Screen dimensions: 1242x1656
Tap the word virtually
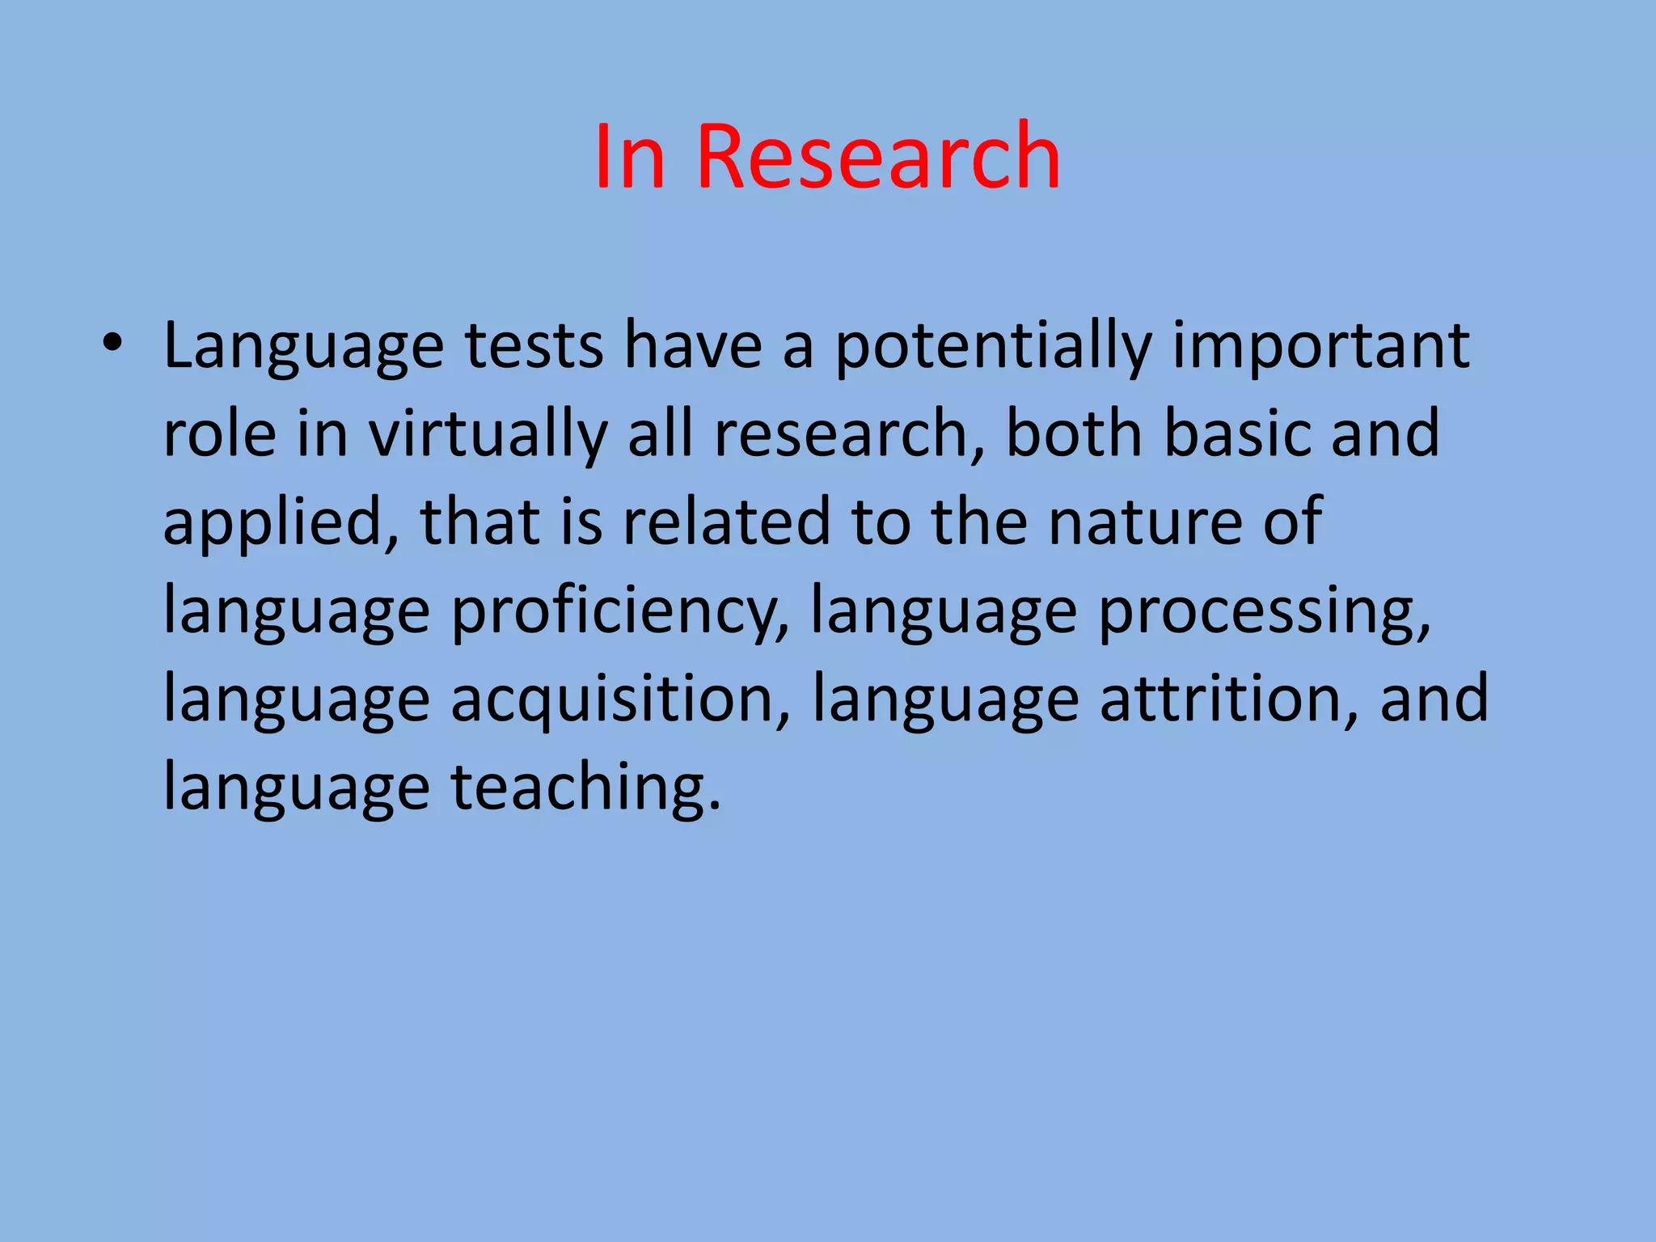click(x=488, y=435)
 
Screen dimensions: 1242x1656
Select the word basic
click(x=1237, y=433)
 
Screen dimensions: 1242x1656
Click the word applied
click(x=272, y=524)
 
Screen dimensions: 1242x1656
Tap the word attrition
click(x=1228, y=699)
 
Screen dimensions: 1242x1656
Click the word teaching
click(x=585, y=788)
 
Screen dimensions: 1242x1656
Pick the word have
click(x=693, y=346)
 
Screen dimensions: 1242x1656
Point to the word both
click(x=1074, y=433)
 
